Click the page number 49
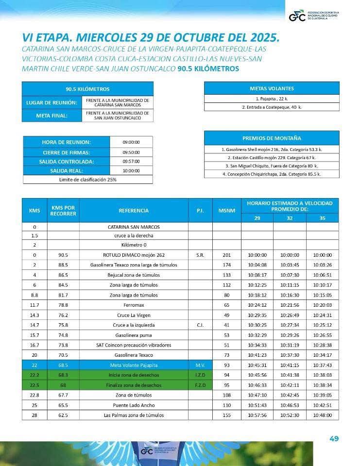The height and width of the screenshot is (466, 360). click(x=334, y=439)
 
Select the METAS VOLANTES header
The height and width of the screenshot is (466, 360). click(x=272, y=88)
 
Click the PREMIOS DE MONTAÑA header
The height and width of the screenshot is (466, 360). click(x=272, y=138)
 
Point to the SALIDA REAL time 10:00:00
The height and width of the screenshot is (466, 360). click(x=131, y=171)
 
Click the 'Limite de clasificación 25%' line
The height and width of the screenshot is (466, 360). click(x=88, y=180)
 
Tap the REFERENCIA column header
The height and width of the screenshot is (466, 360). click(x=134, y=211)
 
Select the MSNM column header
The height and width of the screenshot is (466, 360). click(x=227, y=211)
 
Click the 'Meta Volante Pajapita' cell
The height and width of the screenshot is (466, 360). click(x=134, y=365)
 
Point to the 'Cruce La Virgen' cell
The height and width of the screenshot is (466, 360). click(x=134, y=315)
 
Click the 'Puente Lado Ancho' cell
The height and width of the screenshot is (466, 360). click(x=134, y=405)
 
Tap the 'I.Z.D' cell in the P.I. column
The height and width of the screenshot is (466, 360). click(x=201, y=375)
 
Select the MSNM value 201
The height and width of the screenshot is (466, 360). click(x=227, y=255)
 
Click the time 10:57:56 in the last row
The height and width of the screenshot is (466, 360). click(x=257, y=415)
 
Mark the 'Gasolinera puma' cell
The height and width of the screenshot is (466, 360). click(x=134, y=335)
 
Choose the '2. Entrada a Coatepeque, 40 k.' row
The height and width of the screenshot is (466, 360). click(x=272, y=107)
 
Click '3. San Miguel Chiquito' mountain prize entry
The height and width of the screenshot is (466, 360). click(x=272, y=166)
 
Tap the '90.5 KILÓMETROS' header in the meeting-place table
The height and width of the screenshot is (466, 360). click(x=88, y=89)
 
